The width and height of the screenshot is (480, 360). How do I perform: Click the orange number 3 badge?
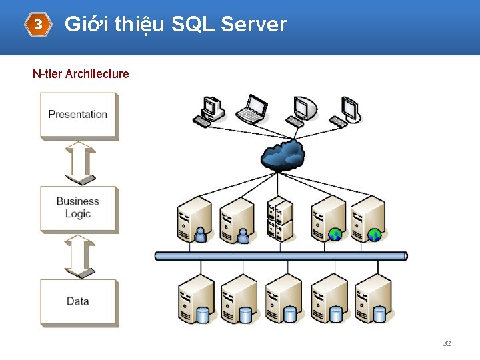tap(38, 25)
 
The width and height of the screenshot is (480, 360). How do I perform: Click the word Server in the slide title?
tap(253, 25)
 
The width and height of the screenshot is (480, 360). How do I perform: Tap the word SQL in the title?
tap(192, 25)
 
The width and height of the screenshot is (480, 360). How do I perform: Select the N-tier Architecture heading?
tap(81, 74)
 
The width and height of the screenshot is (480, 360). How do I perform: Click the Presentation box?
tap(78, 115)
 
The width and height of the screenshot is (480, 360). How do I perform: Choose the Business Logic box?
tap(78, 208)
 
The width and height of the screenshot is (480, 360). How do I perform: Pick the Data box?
tap(78, 301)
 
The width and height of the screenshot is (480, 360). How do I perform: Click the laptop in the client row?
tap(252, 109)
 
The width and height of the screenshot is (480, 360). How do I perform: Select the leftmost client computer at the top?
tap(209, 111)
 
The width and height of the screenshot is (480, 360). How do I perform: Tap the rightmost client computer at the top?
tap(347, 111)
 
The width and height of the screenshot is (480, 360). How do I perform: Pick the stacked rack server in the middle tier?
tap(280, 218)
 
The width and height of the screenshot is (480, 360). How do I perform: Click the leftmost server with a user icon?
tap(194, 219)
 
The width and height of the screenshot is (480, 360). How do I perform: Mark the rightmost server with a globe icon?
tap(368, 219)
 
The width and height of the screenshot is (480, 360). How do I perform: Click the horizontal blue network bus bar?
tap(281, 256)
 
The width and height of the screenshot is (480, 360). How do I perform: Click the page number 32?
tap(447, 343)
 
